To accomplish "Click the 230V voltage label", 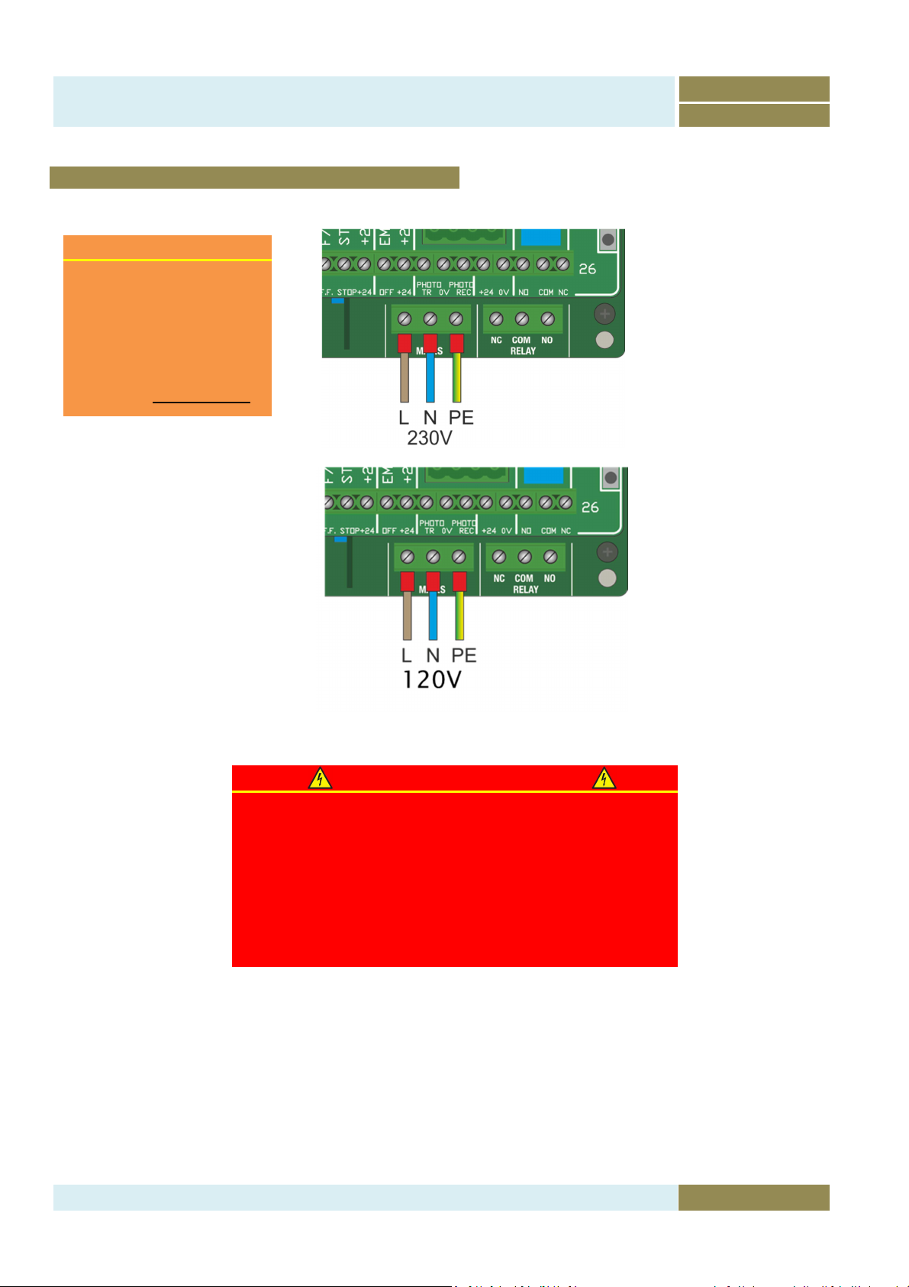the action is [x=429, y=438].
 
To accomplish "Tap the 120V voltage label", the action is [x=431, y=678].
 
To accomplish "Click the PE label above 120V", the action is [x=463, y=655].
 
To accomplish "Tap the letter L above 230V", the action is [x=404, y=418].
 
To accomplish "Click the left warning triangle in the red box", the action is [x=320, y=778].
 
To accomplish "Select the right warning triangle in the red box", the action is [x=604, y=778].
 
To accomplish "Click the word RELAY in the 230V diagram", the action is [x=523, y=351].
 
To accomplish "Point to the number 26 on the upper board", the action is [x=587, y=269].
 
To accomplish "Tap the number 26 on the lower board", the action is [x=590, y=507].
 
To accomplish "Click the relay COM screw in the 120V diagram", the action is [x=524, y=558].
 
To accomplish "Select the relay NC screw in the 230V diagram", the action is [x=496, y=319].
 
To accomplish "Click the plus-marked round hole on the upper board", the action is [x=604, y=313].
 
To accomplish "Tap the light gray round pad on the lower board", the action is [x=608, y=577].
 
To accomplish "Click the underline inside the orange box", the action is [x=201, y=401].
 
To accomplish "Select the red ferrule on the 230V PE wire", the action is [x=456, y=343].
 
